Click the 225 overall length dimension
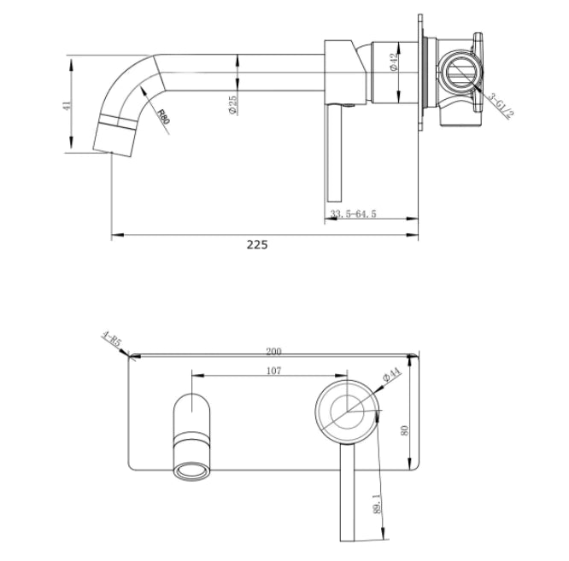257,245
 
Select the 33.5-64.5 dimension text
353,213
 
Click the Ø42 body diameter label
393,62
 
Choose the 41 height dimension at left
66,105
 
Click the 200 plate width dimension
273,351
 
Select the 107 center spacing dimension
273,371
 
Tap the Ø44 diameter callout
391,375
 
